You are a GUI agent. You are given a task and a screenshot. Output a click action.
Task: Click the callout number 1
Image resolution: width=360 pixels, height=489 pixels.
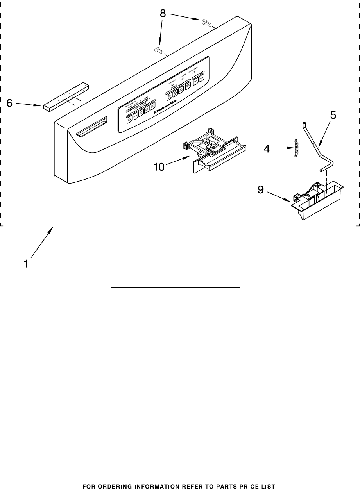point(26,264)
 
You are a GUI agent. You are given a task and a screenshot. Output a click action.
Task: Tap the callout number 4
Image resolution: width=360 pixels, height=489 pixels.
point(267,149)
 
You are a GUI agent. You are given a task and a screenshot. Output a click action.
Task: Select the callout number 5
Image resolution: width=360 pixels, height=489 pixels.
point(333,115)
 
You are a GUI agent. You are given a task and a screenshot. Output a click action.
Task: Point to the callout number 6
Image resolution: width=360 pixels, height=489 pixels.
point(10,104)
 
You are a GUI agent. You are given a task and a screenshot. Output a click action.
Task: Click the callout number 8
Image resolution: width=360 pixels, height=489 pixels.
point(163,14)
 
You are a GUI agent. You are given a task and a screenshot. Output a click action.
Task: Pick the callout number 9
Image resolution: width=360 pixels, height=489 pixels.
point(261,190)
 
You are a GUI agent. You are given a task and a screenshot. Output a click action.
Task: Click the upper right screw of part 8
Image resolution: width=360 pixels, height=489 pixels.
point(206,23)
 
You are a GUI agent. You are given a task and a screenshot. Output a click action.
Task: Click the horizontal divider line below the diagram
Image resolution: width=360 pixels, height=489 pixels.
point(176,287)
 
